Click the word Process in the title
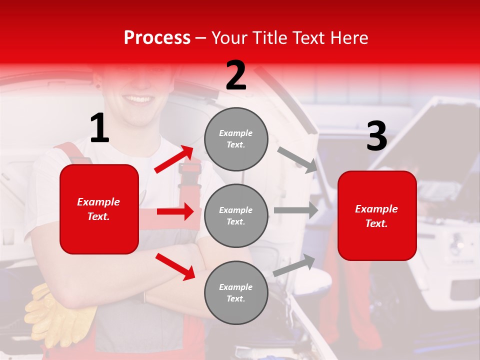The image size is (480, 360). tap(157, 38)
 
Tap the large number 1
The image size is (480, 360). tap(99, 128)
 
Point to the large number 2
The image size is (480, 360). tap(236, 76)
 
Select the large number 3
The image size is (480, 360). tap(376, 136)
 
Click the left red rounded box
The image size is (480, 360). tap(99, 209)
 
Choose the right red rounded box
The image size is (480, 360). tap(377, 216)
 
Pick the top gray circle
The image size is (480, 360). tap(236, 139)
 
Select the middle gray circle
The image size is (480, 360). tap(236, 216)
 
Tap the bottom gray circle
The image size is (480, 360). tap(236, 293)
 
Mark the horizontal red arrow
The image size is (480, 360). tap(175, 211)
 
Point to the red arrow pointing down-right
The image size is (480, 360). tap(175, 265)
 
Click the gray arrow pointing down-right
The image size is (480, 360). tap(297, 159)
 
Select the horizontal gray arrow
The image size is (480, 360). tap(296, 210)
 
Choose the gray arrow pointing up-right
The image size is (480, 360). tap(294, 265)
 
